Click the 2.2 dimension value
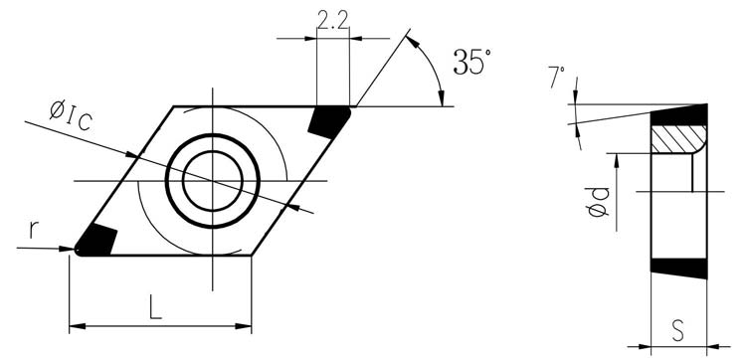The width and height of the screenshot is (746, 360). point(332,22)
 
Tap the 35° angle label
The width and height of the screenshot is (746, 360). point(471,62)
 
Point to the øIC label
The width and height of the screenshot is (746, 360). point(71,115)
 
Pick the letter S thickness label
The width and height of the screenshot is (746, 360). point(678,330)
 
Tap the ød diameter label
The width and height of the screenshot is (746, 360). point(599,202)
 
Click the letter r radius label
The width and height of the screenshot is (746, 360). point(33,229)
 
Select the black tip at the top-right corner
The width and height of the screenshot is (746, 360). point(329,121)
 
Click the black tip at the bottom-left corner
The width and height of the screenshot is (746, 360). point(96,240)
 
